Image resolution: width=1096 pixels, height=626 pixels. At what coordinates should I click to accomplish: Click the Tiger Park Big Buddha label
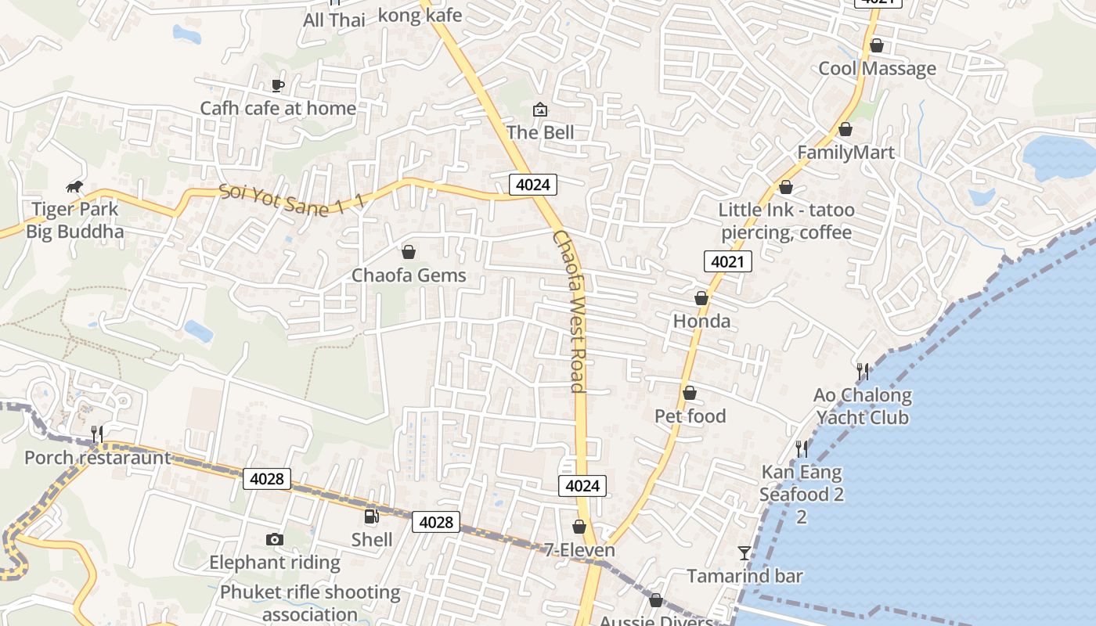(x=75, y=220)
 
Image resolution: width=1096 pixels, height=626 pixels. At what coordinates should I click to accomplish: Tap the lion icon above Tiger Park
(x=75, y=186)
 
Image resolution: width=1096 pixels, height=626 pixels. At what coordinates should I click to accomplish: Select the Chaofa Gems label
(x=409, y=275)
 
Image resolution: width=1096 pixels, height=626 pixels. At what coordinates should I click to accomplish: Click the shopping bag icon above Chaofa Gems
(x=408, y=252)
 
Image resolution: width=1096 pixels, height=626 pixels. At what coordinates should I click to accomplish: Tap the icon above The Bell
(x=539, y=110)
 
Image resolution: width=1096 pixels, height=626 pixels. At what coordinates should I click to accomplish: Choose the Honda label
(x=701, y=321)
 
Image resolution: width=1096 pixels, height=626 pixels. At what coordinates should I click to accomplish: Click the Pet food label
(x=690, y=416)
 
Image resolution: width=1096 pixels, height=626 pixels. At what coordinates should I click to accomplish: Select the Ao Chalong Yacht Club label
(x=863, y=406)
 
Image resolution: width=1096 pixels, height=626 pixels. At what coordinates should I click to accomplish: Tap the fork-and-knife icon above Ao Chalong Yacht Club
(x=863, y=371)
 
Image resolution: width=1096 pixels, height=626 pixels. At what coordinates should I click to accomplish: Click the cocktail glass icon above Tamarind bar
(x=744, y=553)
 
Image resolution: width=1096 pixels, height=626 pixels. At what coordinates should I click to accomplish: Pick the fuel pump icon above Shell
(x=372, y=516)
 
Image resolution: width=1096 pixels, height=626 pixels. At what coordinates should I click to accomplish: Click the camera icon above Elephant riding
(x=274, y=539)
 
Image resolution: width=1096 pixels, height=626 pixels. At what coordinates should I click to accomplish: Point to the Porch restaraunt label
(x=97, y=457)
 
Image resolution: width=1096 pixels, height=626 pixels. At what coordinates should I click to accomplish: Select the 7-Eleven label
(x=579, y=550)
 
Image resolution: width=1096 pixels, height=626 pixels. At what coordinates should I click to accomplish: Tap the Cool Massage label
(x=877, y=68)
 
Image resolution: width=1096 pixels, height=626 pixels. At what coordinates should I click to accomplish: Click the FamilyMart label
(x=845, y=152)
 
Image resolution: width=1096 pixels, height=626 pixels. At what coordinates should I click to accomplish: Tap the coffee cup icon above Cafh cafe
(x=277, y=85)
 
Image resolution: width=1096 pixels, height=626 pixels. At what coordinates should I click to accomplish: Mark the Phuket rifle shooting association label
(x=310, y=603)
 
